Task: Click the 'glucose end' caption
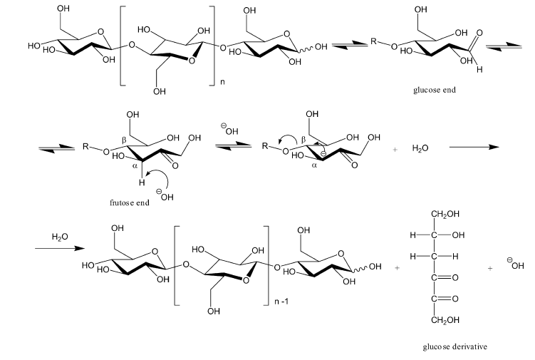[x=433, y=91]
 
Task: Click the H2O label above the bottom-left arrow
[x=60, y=235]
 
